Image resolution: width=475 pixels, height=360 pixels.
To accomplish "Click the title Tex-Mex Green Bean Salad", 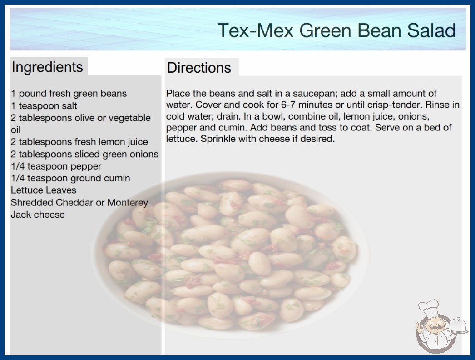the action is coord(336,30).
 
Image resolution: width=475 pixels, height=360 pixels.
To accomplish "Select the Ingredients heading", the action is coord(47,67).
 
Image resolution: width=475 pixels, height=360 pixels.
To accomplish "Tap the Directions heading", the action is coord(199,68).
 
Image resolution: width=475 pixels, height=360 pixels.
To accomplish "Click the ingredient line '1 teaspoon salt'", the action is coord(44,106).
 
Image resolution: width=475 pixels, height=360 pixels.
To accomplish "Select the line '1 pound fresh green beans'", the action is coord(69,94).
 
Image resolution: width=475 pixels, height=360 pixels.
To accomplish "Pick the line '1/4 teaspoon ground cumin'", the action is coord(70,178).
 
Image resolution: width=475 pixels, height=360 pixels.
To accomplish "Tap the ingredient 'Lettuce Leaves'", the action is coord(44,190).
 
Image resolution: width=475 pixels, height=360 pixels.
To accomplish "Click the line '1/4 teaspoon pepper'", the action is coord(56,166).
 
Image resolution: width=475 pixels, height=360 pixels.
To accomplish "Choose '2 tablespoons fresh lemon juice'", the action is coord(79,142).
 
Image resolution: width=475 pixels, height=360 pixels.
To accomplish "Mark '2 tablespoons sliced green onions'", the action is coord(84,155).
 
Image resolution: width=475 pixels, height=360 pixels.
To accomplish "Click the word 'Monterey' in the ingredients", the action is coord(128,203).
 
